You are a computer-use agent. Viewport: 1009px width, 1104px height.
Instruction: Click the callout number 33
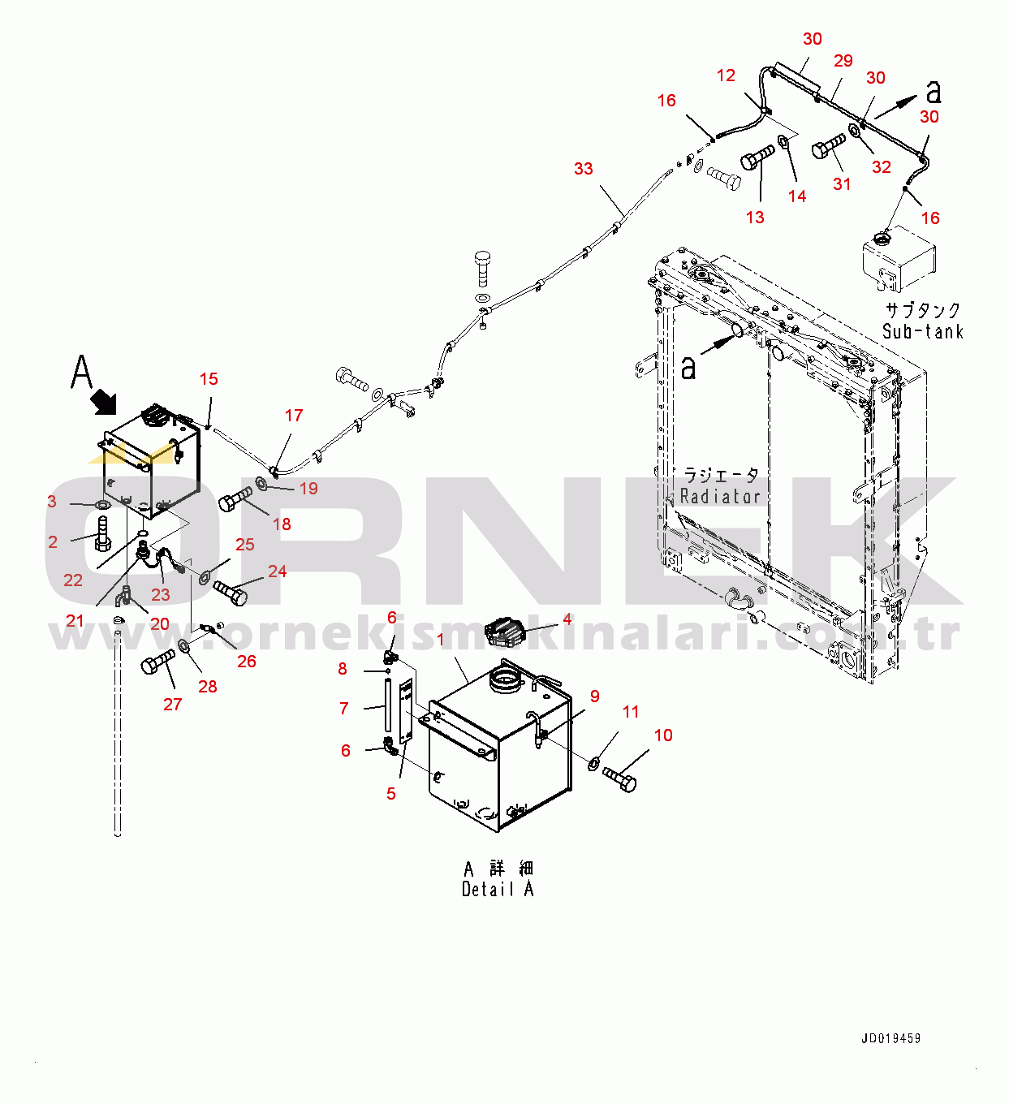point(583,169)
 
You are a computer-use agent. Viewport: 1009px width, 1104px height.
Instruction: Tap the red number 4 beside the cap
point(567,619)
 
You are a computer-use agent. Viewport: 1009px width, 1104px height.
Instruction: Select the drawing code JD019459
point(890,1038)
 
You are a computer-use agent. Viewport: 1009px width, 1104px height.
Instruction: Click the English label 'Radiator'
point(719,496)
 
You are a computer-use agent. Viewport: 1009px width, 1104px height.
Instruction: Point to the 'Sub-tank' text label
point(922,331)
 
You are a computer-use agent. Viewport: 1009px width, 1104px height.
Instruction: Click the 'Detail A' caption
point(498,889)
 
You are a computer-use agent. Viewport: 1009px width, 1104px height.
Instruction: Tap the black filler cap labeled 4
point(507,632)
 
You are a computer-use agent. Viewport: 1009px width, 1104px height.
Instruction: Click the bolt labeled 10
point(621,778)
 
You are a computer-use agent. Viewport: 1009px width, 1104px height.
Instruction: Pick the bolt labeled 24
point(231,593)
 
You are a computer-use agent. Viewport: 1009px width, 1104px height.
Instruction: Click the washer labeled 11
point(594,762)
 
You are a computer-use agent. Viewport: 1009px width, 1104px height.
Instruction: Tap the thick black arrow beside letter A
point(103,400)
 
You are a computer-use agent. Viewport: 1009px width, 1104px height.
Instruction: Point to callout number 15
point(209,379)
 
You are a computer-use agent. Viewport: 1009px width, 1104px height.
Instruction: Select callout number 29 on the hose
point(843,61)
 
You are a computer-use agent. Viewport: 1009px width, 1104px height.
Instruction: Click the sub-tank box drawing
point(898,258)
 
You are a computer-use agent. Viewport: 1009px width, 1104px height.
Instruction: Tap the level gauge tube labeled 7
point(388,706)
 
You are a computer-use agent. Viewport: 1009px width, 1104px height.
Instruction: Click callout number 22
point(73,580)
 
